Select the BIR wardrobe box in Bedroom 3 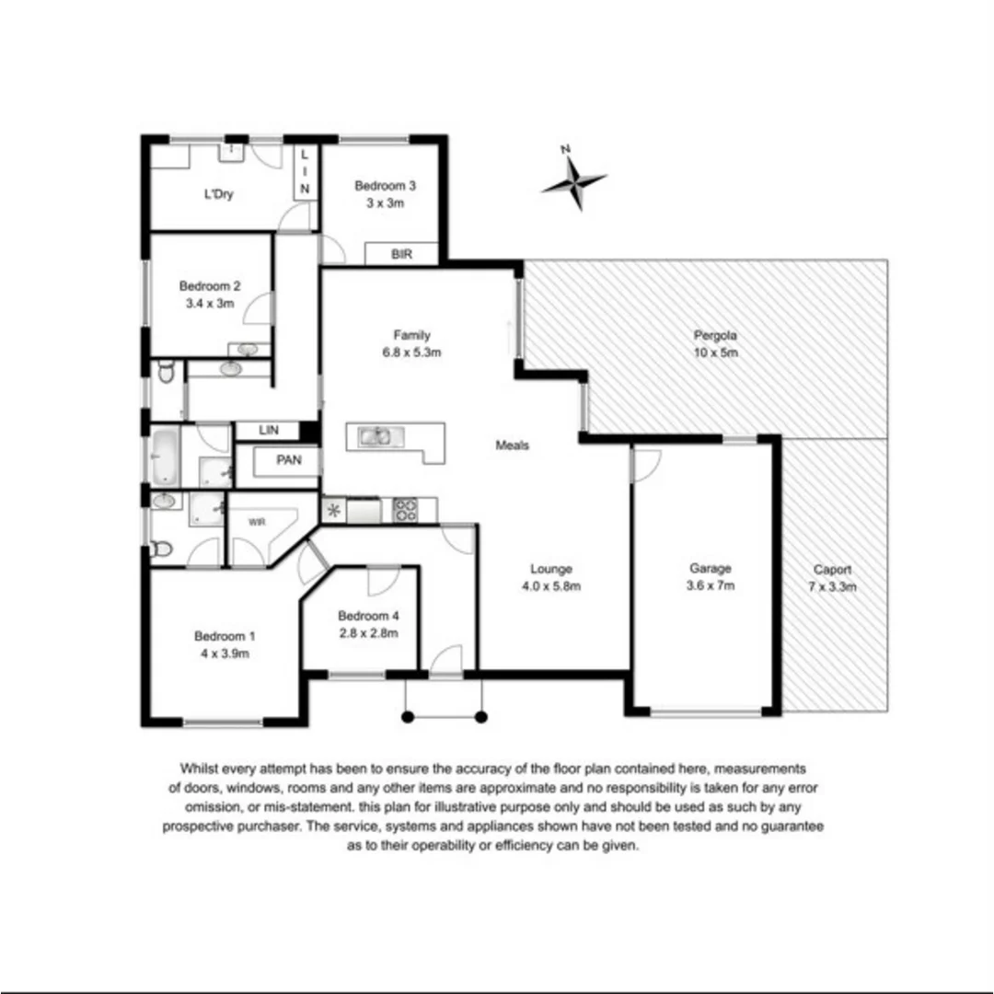point(401,254)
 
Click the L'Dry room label point(217,195)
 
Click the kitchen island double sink point(375,436)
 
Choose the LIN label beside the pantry point(269,430)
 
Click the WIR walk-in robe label point(256,521)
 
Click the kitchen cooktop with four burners point(406,509)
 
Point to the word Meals point(513,445)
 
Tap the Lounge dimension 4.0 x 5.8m point(551,585)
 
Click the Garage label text point(711,569)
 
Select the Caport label point(832,570)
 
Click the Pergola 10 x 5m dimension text point(716,353)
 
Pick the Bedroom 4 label point(367,616)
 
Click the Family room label point(411,335)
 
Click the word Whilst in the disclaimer point(201,769)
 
